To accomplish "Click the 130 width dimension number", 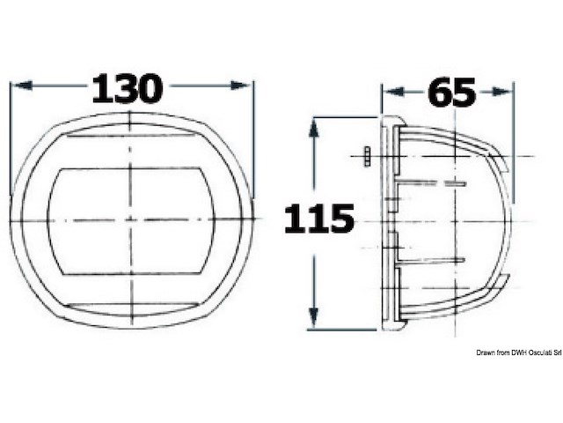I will coord(128,88).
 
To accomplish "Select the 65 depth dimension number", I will coord(451,91).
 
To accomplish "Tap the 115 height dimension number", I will coord(318,219).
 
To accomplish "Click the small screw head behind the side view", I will coord(361,156).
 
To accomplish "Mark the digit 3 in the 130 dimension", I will coord(128,88).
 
